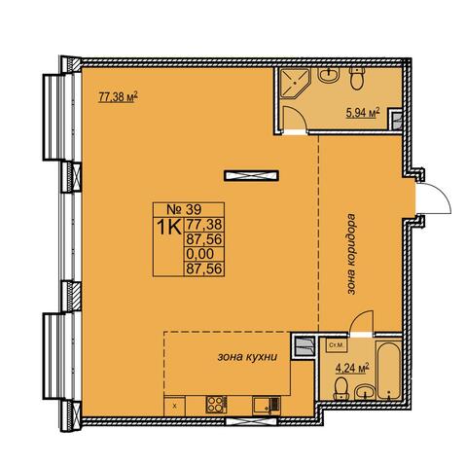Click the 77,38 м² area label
point(118,96)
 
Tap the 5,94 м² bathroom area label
point(363,113)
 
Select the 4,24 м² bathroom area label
point(352,369)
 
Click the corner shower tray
point(294,83)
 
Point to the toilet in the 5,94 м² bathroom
point(357,78)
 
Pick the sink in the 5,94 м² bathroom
point(329,75)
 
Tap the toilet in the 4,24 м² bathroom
point(341,389)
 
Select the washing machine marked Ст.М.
point(335,345)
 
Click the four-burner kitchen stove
point(216,405)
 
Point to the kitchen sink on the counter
point(267,405)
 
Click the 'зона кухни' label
point(247,357)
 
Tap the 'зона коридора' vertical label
point(351,254)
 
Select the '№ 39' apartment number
point(184,209)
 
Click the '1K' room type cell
point(168,227)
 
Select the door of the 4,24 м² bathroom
point(362,322)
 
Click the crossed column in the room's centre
point(251,175)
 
